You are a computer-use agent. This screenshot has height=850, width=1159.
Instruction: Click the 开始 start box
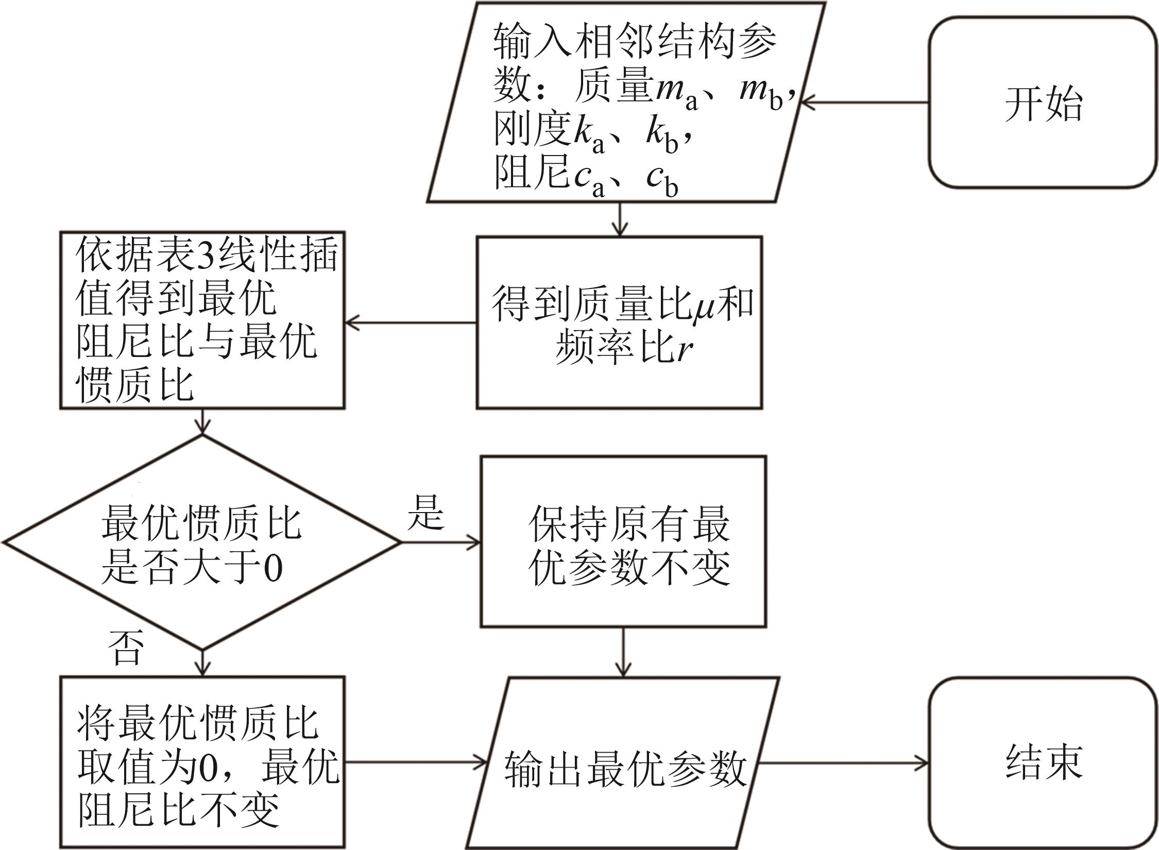click(1043, 103)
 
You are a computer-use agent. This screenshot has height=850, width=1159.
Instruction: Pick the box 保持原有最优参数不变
click(623, 541)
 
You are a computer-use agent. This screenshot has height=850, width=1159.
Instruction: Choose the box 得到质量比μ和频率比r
click(619, 323)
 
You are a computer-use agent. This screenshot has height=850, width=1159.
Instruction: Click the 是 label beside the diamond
click(425, 513)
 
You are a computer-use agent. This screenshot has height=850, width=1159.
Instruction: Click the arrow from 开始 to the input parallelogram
click(865, 103)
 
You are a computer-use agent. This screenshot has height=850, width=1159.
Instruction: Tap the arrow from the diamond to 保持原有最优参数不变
click(440, 542)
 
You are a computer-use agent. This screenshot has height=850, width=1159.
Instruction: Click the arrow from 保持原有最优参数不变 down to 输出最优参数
click(623, 652)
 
